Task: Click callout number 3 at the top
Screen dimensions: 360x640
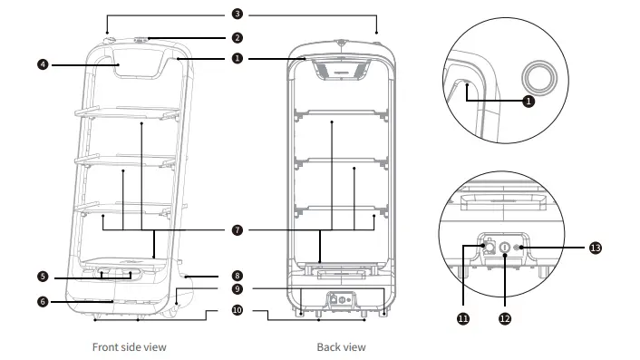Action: coord(237,15)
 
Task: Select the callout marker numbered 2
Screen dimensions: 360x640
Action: coord(237,38)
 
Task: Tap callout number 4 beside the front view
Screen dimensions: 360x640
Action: coord(43,64)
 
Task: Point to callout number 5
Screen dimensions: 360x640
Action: coord(43,277)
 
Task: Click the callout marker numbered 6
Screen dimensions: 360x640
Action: coord(43,300)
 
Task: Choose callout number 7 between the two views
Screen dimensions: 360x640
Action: coord(237,230)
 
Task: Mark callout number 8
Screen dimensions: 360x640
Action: coord(237,274)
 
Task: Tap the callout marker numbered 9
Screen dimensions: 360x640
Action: coord(237,289)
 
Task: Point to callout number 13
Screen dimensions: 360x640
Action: coord(595,247)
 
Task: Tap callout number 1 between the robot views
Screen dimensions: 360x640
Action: coord(237,58)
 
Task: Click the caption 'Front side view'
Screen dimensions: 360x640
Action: coord(130,346)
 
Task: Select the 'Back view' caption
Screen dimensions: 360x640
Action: coord(342,346)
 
